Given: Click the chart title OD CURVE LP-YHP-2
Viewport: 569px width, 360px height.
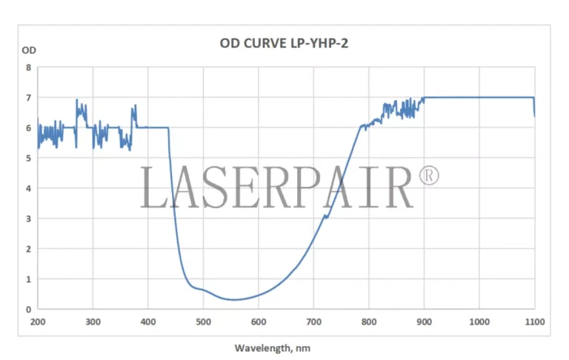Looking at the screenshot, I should [x=284, y=43].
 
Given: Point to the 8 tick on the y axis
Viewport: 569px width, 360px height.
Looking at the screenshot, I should [x=29, y=67].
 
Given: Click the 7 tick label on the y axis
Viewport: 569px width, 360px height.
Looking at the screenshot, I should [x=29, y=98].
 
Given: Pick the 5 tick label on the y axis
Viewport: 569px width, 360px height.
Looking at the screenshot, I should [x=29, y=158].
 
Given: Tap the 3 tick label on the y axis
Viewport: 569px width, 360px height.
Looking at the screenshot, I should [x=29, y=219].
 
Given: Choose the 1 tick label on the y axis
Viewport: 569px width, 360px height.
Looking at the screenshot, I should [x=29, y=279].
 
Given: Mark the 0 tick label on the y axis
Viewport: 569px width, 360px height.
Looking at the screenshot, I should [x=29, y=310].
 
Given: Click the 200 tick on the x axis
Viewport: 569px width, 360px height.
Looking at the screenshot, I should [x=38, y=321].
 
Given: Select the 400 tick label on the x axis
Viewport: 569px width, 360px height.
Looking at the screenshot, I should [x=148, y=321].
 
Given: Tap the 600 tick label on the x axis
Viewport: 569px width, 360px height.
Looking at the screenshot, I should [x=259, y=321].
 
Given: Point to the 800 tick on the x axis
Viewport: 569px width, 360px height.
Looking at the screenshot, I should [x=369, y=321].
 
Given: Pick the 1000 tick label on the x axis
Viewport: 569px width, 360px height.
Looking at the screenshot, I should [x=479, y=321].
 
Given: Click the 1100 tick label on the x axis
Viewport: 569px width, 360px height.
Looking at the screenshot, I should [x=534, y=321].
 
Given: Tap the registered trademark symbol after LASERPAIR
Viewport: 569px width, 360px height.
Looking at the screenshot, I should [x=429, y=176].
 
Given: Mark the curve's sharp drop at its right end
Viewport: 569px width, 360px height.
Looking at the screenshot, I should [x=534, y=107].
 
